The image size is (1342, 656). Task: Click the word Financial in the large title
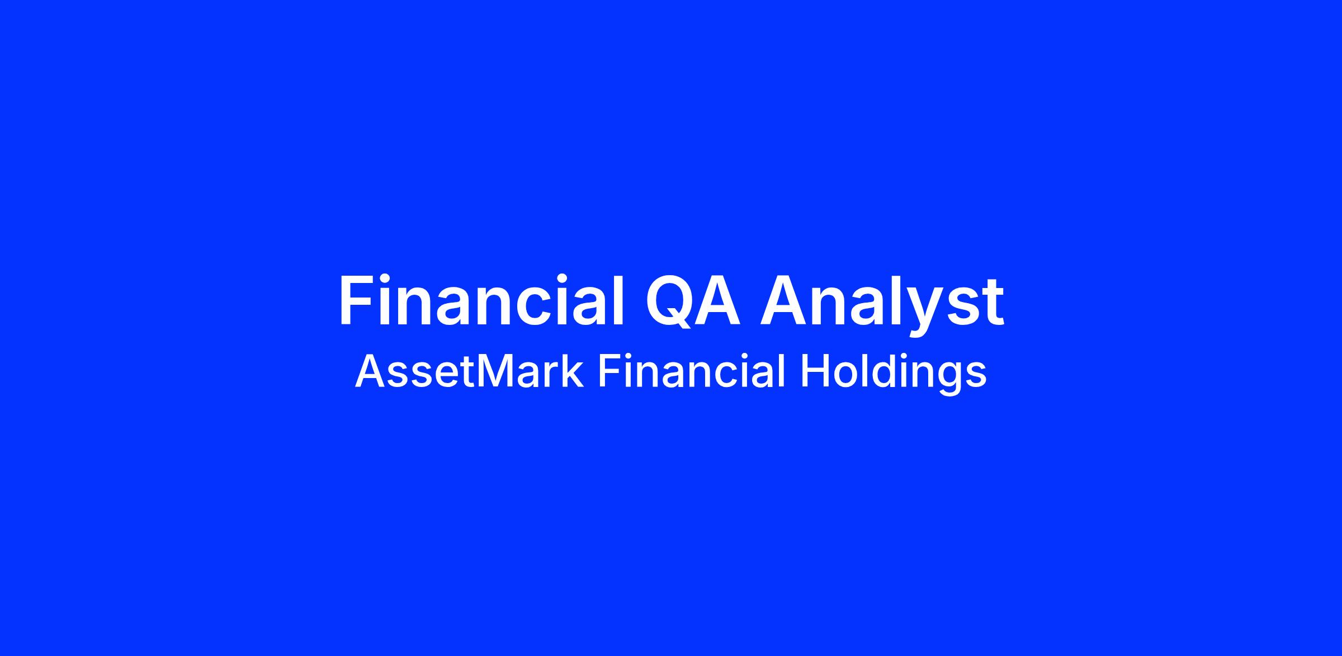click(x=481, y=301)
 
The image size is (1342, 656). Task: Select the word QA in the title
click(x=693, y=301)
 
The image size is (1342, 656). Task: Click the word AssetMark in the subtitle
click(x=469, y=371)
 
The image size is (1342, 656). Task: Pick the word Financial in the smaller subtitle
click(x=692, y=371)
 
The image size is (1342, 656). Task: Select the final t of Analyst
click(x=992, y=304)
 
